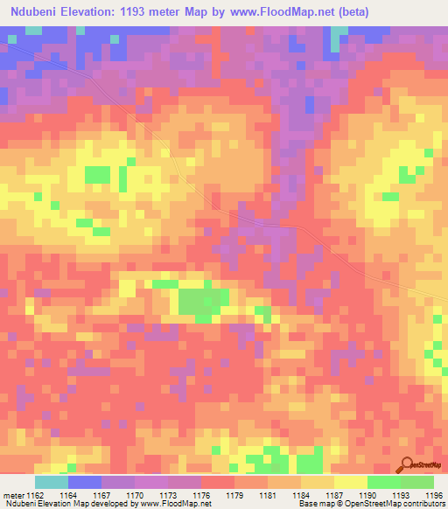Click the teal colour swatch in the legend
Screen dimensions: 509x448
tap(51, 482)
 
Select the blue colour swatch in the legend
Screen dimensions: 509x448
tap(84, 482)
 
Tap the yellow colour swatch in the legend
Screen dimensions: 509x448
tap(351, 482)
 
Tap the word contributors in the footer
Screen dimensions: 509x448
tap(423, 505)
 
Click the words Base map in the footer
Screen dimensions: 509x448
tap(313, 505)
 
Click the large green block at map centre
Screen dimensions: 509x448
tap(201, 301)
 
